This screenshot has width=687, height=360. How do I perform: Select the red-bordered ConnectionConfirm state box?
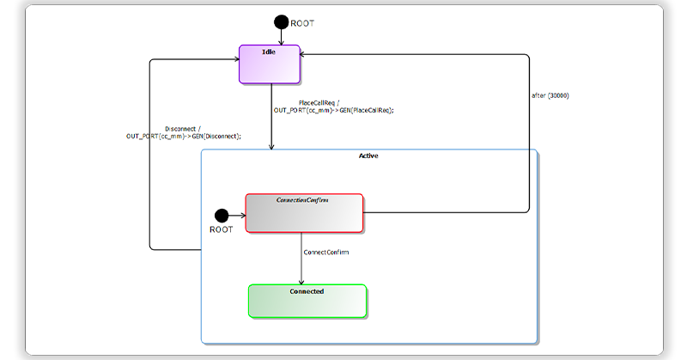[x=304, y=212]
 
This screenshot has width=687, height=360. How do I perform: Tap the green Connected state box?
[x=307, y=301]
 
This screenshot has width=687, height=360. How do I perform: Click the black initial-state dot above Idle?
[x=281, y=22]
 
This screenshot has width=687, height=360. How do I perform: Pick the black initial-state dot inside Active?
[x=221, y=215]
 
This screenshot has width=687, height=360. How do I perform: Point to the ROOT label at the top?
[x=302, y=23]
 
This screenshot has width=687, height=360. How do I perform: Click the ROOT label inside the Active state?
[x=221, y=230]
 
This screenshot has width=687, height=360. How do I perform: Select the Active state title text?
[x=368, y=156]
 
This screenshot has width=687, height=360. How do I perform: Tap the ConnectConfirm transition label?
[x=326, y=253]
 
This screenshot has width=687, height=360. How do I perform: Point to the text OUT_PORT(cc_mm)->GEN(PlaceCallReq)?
[x=334, y=110]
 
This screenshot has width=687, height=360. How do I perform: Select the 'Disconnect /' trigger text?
[x=182, y=128]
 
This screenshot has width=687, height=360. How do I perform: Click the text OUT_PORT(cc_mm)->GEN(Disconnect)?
[x=184, y=136]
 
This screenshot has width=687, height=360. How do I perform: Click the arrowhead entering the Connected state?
[x=301, y=280]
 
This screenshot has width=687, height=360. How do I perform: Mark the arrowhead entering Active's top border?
[x=271, y=147]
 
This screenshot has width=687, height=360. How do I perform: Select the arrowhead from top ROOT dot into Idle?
[x=281, y=41]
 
